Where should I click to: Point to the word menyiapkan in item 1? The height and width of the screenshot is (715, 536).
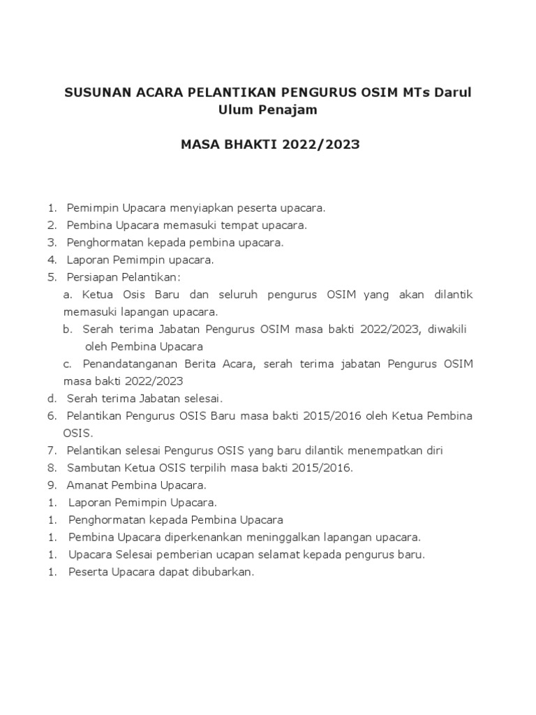[198, 208]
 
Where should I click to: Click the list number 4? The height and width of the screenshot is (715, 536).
[52, 260]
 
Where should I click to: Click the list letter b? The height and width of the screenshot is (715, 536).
[68, 329]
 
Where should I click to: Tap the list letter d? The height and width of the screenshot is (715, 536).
[52, 398]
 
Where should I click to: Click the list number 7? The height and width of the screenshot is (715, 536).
[52, 450]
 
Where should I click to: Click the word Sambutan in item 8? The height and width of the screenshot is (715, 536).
[91, 468]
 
